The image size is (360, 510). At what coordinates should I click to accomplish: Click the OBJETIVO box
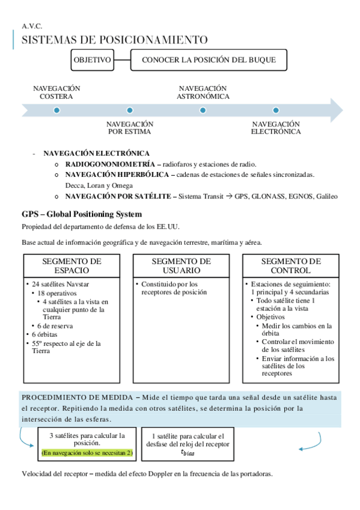[x=92, y=60]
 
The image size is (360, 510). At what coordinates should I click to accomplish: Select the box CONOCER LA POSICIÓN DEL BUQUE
[x=209, y=60]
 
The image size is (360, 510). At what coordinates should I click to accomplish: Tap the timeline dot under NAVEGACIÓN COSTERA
[x=56, y=111]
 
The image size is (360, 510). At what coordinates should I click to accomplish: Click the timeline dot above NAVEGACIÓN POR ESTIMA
[x=129, y=111]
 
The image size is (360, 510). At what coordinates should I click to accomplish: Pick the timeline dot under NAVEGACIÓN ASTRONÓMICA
[x=203, y=111]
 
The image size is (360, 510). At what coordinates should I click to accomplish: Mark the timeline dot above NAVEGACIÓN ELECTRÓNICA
[x=276, y=111]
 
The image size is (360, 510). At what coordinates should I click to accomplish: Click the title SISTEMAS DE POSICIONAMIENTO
[x=115, y=40]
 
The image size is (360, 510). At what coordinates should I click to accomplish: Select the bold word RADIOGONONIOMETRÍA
[x=109, y=164]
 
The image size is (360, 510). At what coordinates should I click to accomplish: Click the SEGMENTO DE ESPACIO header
[x=72, y=266]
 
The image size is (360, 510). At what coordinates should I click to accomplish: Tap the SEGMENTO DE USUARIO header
[x=181, y=266]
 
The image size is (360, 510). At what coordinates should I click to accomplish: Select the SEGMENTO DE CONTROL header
[x=291, y=266]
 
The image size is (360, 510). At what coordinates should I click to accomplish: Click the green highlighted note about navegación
[x=88, y=452]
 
